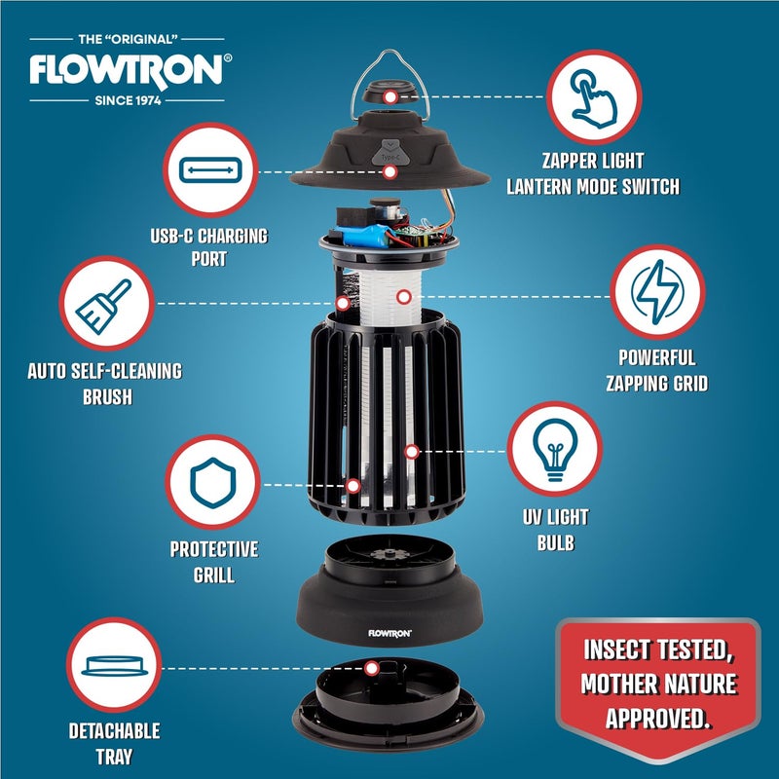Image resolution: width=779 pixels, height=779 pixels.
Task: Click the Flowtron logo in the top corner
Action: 130,69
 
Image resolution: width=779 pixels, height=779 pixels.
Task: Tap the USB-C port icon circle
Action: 210,171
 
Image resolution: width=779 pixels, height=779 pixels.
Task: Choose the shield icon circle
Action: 212,484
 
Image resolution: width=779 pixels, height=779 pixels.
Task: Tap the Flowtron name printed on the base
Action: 389,632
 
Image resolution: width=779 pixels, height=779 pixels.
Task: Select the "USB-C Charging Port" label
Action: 209,247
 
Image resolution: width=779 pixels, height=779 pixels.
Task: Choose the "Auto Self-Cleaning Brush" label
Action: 105,384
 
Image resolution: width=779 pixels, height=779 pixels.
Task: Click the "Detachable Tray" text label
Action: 115,743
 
